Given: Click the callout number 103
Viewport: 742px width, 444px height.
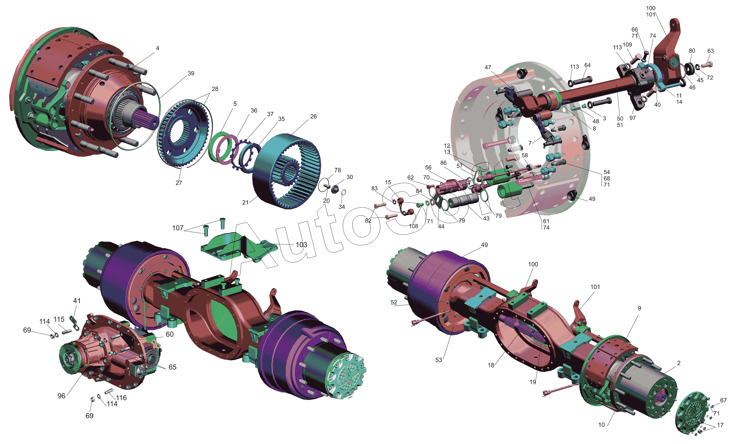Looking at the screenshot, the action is (301, 245).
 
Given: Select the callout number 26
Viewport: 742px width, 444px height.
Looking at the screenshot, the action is (314, 116).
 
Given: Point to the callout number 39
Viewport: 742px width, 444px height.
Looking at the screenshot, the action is (191, 73).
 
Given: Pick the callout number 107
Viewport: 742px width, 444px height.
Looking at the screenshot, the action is (178, 228).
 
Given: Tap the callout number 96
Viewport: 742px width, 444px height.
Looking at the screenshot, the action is (61, 396).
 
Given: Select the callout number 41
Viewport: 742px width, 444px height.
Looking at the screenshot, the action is (77, 301).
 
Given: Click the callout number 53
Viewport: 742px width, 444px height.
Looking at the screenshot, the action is (438, 360).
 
